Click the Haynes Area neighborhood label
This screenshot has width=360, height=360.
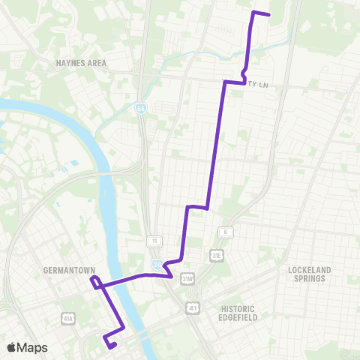(x=81, y=63)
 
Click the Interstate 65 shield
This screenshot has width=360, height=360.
(x=142, y=109)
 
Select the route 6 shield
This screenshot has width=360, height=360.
(x=223, y=232)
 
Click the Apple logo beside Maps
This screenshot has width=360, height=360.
(x=11, y=347)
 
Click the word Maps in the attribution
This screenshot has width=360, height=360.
(x=32, y=347)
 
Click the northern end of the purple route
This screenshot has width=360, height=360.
(x=268, y=15)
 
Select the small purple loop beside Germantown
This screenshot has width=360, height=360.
(x=94, y=281)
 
